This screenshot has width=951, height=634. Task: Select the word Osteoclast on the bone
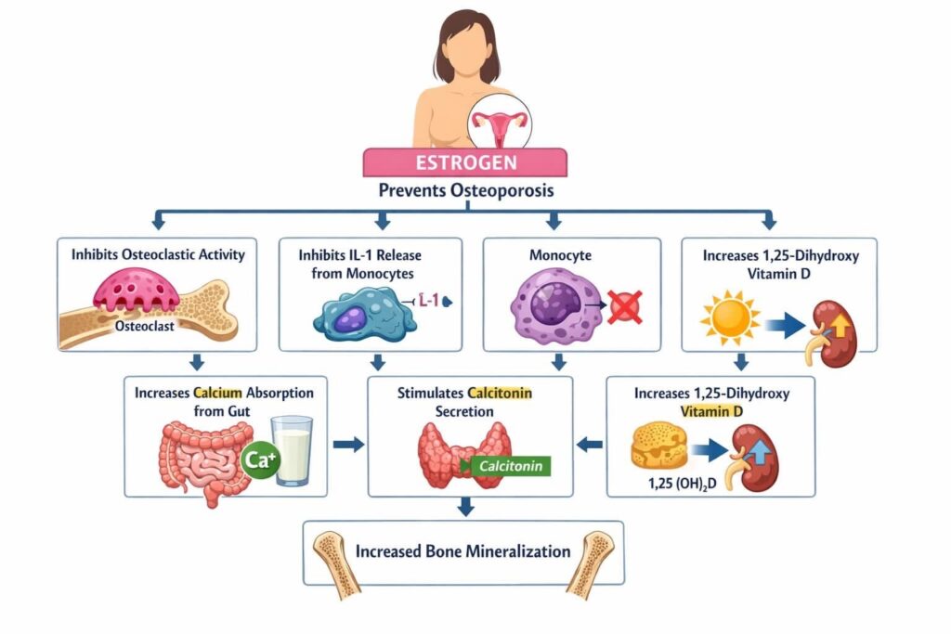(146, 326)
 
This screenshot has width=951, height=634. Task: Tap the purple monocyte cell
(554, 306)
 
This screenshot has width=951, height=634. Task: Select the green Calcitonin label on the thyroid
(511, 466)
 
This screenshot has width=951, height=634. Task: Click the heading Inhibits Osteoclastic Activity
(158, 253)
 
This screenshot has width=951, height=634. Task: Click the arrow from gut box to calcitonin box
(347, 445)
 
